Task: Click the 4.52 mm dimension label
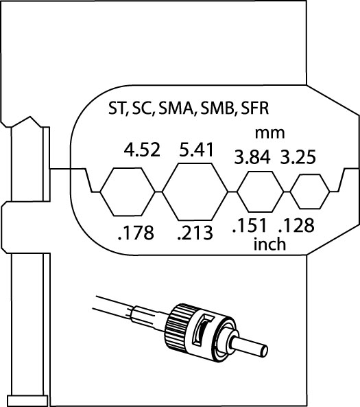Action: click(142, 150)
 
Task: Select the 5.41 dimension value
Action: click(196, 150)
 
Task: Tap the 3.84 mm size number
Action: click(252, 157)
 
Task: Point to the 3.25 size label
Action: click(298, 156)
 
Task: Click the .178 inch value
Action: click(136, 233)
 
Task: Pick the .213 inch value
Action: click(195, 233)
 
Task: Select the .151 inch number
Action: click(249, 225)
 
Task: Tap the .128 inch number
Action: click(296, 225)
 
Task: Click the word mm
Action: click(269, 133)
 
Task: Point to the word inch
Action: click(269, 244)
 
